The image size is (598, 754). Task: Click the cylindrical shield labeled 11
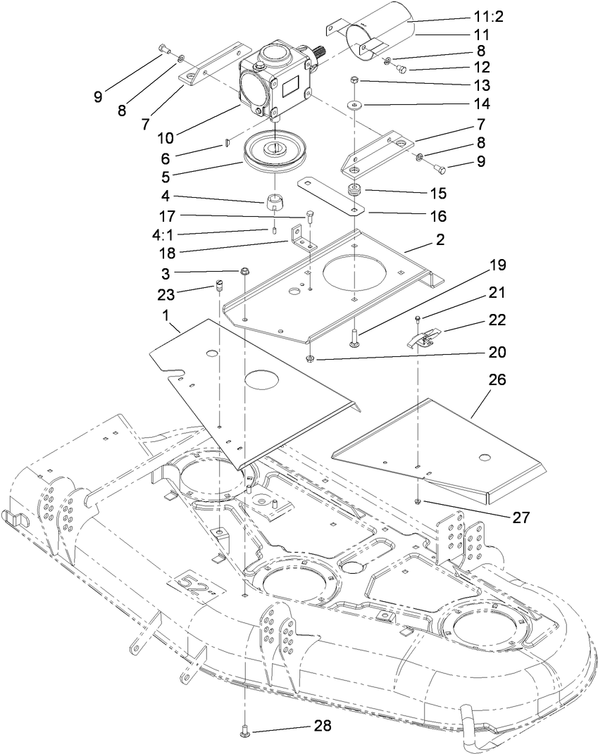tap(385, 33)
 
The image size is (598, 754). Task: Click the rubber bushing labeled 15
tap(354, 192)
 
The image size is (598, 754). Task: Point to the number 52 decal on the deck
tap(193, 585)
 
